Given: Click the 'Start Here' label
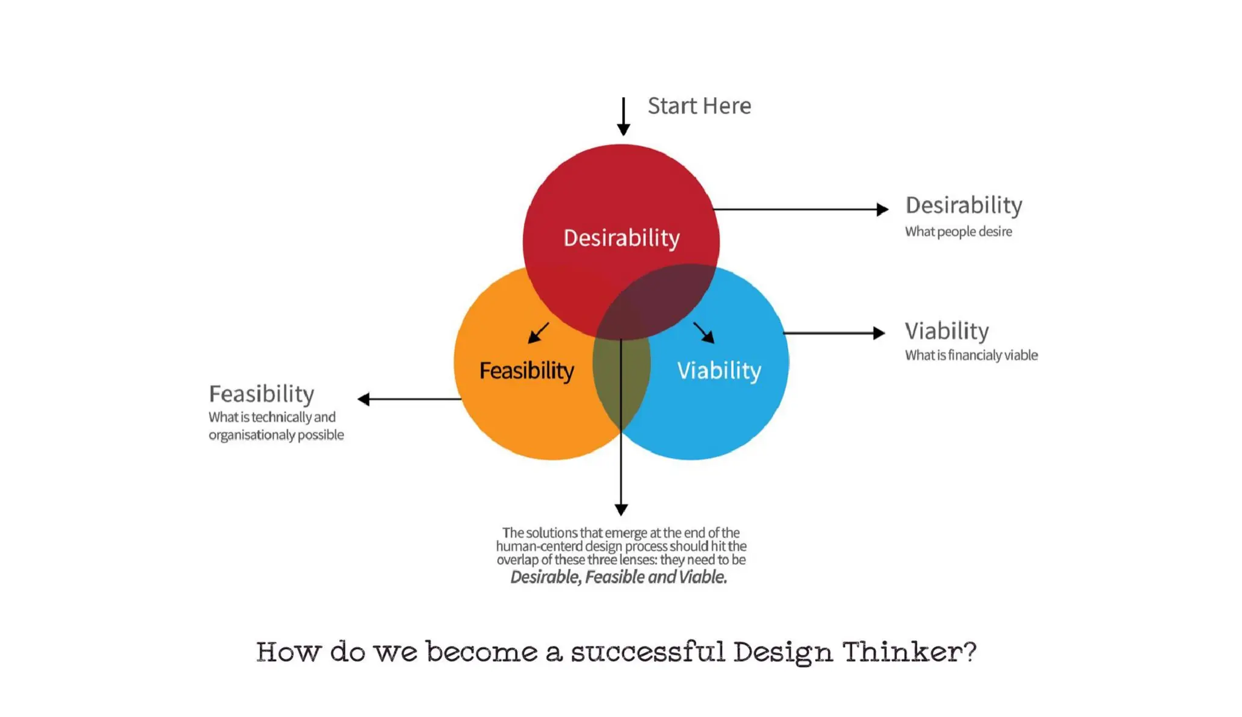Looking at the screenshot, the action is coord(699,106).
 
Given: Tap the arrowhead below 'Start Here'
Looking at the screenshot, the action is coord(623,129).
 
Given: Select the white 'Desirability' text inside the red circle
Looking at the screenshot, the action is coord(622,238).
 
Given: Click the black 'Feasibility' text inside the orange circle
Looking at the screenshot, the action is coord(526,371).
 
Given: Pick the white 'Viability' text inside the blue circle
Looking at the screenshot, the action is coord(719,371).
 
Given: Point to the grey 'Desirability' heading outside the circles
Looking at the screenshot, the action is coord(964,206).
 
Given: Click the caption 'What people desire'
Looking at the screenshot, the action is coord(958,232).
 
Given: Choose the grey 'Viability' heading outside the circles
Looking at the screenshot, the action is coord(947,331).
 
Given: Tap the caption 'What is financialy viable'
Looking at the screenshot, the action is coord(971,355).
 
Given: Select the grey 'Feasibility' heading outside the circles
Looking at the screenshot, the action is coord(261,394).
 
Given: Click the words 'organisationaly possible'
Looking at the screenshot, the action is coord(276,435).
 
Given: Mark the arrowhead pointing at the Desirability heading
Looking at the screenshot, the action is coord(882,209).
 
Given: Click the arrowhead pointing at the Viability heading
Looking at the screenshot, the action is coord(879,333).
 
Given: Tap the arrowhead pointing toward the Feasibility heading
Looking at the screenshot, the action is coord(364,399).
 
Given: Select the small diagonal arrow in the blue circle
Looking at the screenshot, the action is coord(705,333).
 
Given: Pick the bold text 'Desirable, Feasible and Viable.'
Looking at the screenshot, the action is coord(619,577).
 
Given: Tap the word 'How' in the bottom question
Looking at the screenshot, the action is coord(288,653).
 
